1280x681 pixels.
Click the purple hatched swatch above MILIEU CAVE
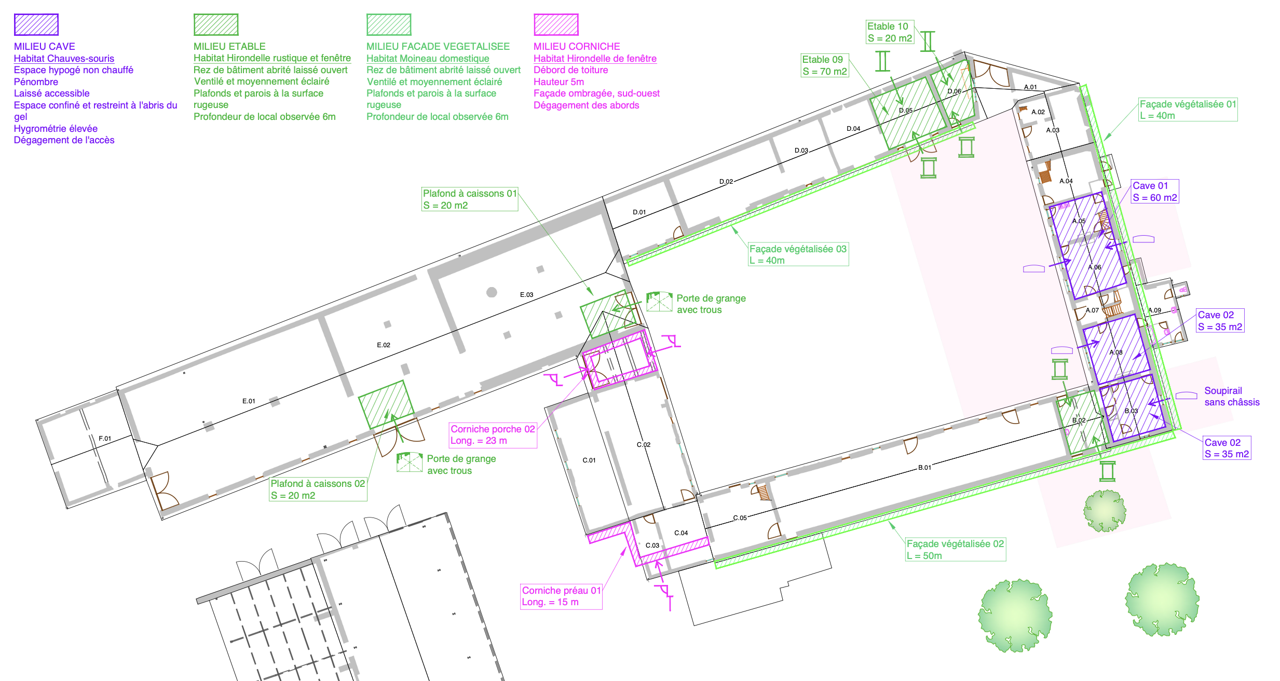coord(36,24)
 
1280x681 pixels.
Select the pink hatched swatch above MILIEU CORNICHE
coord(556,24)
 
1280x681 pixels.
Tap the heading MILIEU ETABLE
coord(229,47)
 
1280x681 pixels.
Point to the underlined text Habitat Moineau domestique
coord(428,59)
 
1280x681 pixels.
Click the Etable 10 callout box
coord(890,32)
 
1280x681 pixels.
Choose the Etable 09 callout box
coord(825,65)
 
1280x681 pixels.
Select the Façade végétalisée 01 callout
coord(1188,110)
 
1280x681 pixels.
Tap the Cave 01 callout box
coord(1155,192)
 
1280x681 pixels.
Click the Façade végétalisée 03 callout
coord(798,254)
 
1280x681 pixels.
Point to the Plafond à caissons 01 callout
coord(470,199)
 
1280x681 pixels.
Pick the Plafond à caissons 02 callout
coord(318,489)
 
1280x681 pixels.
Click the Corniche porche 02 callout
coord(493,435)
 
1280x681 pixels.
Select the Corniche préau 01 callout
coord(561,596)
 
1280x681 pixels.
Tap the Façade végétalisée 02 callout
coord(955,549)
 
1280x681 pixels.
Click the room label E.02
coord(384,345)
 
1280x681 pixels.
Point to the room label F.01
coord(105,439)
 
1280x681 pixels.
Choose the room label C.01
coord(589,460)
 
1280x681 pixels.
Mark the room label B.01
coord(924,468)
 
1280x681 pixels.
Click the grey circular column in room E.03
coord(492,292)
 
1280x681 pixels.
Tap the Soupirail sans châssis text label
coord(1232,397)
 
